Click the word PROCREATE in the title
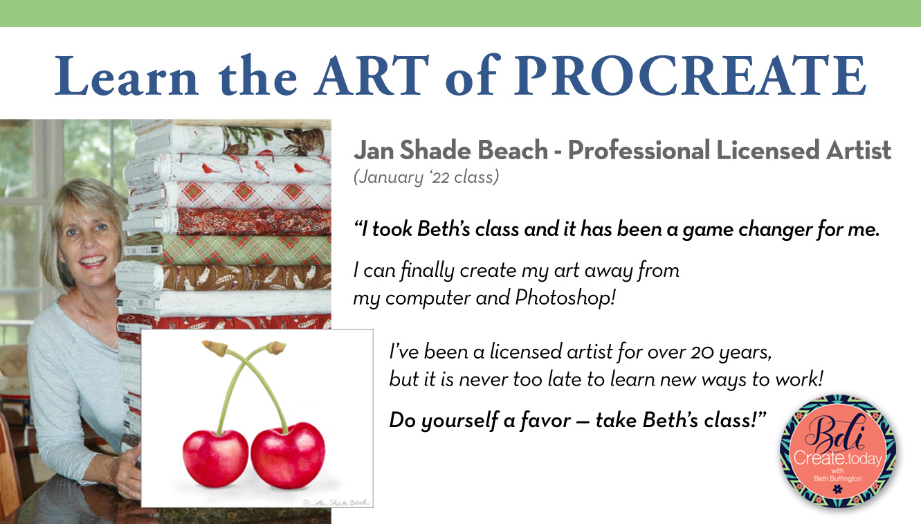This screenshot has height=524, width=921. [x=691, y=75]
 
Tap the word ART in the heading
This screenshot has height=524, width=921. [x=372, y=75]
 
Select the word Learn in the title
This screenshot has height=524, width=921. [x=127, y=75]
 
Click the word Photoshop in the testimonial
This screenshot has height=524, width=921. [x=565, y=298]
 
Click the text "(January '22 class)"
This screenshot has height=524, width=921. [x=426, y=177]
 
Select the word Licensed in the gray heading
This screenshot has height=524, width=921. [x=768, y=150]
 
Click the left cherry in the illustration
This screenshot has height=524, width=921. [x=215, y=458]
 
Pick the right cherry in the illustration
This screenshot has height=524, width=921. [x=288, y=455]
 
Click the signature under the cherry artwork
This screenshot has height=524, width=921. [x=337, y=503]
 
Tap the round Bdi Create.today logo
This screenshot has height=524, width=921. [x=838, y=451]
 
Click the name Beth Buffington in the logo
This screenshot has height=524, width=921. [x=837, y=478]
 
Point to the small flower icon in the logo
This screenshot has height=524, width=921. [x=837, y=489]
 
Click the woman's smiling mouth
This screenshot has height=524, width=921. [x=93, y=261]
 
